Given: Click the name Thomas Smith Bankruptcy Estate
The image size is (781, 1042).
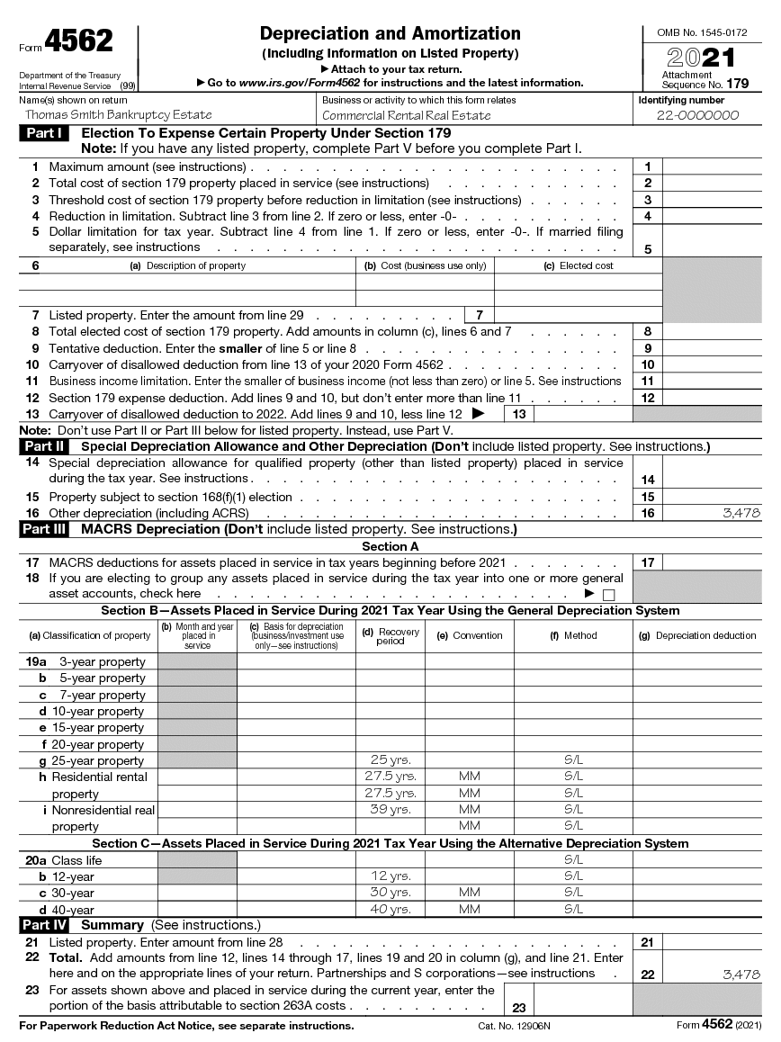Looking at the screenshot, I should (x=118, y=115).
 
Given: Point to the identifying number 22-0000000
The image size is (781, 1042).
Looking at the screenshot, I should (x=697, y=115).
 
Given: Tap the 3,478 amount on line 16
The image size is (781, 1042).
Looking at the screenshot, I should (x=741, y=513).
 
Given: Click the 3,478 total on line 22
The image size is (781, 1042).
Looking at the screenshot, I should (x=741, y=974).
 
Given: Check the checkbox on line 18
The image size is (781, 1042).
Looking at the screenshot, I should (x=608, y=595).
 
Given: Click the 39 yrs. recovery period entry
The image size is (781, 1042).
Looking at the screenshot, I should (x=390, y=810).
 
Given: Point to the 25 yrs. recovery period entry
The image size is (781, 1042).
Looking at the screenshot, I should (x=390, y=760).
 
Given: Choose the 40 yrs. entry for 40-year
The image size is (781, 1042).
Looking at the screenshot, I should (x=390, y=909).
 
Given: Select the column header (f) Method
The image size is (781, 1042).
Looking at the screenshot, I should (x=573, y=635).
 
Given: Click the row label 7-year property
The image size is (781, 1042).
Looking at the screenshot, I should (x=102, y=695).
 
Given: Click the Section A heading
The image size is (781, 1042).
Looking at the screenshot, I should (x=390, y=546).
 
